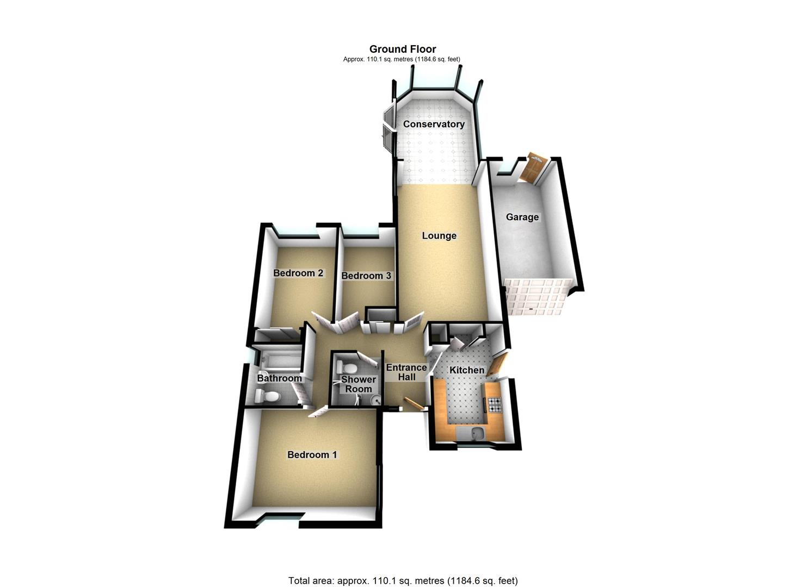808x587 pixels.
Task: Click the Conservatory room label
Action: pos(434,124)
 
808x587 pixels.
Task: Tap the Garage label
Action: pos(522,217)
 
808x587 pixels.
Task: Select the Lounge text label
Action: pos(439,236)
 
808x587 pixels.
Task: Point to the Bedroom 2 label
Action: pos(298,273)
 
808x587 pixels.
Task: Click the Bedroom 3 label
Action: pos(366,276)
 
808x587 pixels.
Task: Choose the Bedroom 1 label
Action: pos(312,454)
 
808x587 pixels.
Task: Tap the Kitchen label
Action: pos(466,370)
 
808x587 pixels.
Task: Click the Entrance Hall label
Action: pos(406,372)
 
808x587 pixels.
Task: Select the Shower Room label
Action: pos(359,384)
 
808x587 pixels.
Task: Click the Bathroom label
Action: pos(279,378)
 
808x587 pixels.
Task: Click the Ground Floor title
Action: pos(403,49)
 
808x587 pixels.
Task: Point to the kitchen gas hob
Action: pos(495,404)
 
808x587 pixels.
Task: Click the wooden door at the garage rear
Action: pos(531,169)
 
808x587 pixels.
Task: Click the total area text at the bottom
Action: pos(403,580)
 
